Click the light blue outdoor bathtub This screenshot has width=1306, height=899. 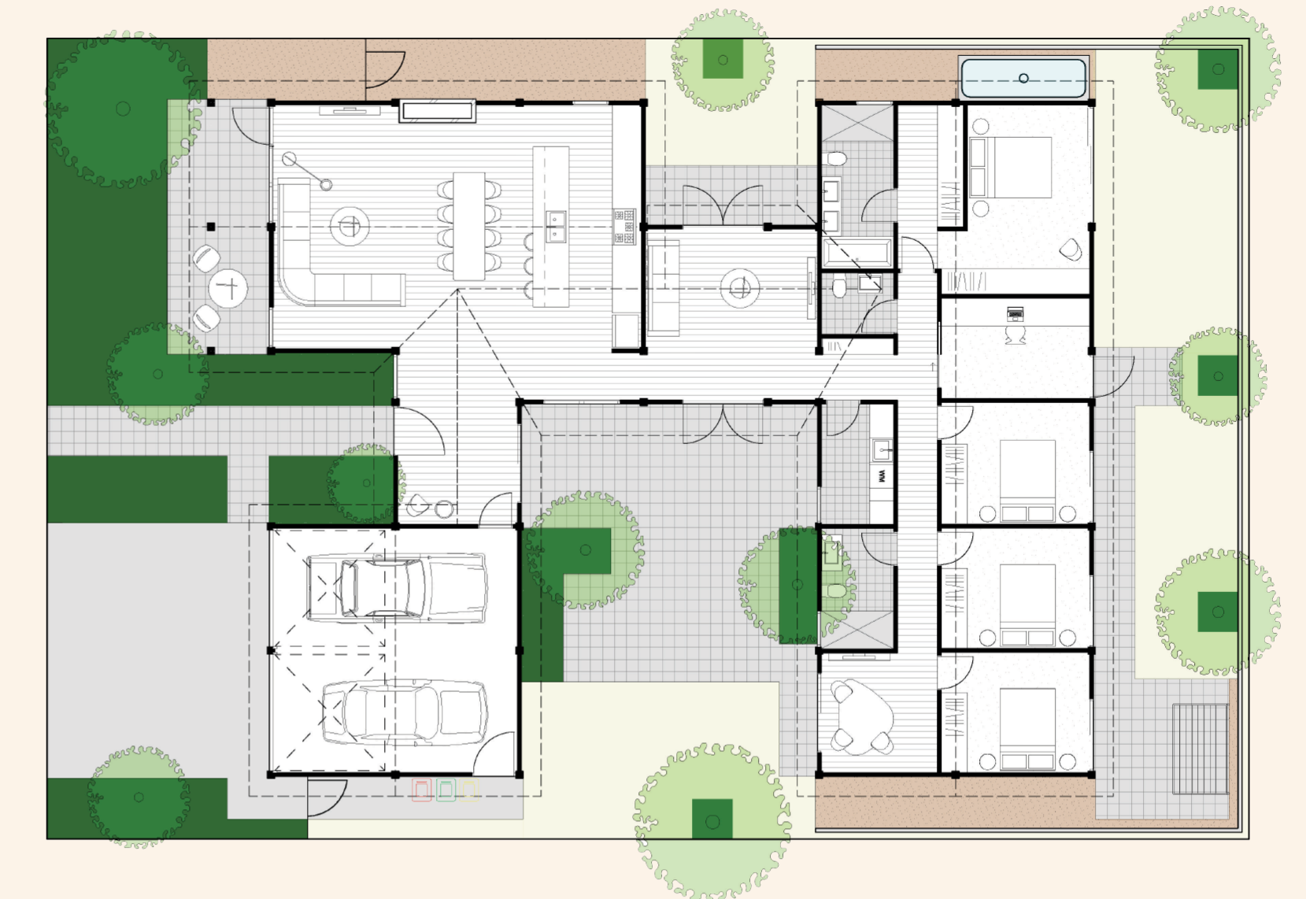1023,78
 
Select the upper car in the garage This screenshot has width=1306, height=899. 395,587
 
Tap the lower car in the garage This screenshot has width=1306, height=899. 403,712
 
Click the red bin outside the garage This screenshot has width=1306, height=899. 422,790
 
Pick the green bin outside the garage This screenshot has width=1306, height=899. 446,790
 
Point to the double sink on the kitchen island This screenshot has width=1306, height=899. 556,226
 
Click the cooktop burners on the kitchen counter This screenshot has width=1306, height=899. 624,226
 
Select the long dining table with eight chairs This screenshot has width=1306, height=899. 469,226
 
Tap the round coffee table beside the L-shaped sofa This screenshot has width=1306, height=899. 350,227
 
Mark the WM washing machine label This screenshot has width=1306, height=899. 882,475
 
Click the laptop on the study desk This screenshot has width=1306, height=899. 1015,315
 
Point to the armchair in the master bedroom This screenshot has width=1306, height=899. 1070,250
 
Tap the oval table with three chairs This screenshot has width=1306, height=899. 864,716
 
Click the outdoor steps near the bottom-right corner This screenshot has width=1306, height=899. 1200,749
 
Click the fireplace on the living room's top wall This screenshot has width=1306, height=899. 437,111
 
